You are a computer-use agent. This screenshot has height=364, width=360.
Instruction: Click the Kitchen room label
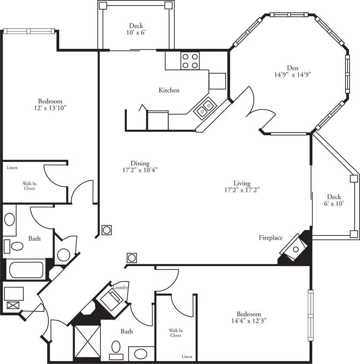pyautogui.click(x=169, y=90)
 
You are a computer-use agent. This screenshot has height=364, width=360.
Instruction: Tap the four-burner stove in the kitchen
pyautogui.click(x=190, y=60)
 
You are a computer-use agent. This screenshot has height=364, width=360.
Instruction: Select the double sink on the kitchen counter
pyautogui.click(x=205, y=108)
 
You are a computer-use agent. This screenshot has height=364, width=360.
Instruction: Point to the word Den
pyautogui.click(x=292, y=67)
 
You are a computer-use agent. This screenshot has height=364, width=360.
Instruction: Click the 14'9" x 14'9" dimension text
pyautogui.click(x=292, y=74)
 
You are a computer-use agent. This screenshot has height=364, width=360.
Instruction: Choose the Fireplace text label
pyautogui.click(x=271, y=238)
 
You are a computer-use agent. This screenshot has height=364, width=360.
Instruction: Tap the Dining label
pyautogui.click(x=140, y=163)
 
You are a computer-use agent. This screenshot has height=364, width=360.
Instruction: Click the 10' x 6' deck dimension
pyautogui.click(x=136, y=33)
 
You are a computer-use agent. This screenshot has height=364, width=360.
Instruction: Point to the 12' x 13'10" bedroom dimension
pyautogui.click(x=51, y=108)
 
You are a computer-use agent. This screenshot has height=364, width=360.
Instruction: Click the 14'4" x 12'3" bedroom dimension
pyautogui.click(x=249, y=321)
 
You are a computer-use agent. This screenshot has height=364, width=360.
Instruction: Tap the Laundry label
pyautogui.click(x=120, y=288)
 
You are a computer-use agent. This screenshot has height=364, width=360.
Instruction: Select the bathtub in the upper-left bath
pyautogui.click(x=27, y=270)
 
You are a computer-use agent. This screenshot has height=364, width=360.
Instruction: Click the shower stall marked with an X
pyautogui.click(x=88, y=341)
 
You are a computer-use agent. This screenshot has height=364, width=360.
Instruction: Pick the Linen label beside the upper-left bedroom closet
pyautogui.click(x=12, y=168)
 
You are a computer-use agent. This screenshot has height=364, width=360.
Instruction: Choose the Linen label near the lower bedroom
pyautogui.click(x=186, y=357)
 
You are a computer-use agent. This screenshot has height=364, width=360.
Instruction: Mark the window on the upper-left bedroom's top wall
pyautogui.click(x=29, y=31)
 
